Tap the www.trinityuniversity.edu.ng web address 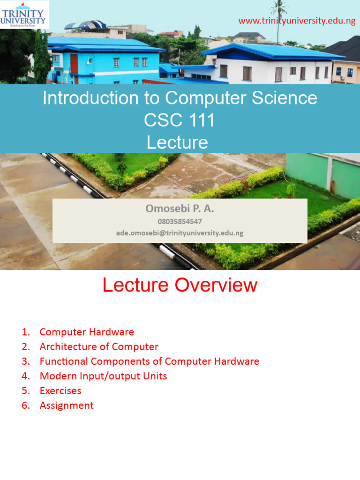coord(297,21)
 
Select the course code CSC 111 coord(180,120)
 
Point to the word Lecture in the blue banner coord(177,142)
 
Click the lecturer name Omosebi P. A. coord(180,209)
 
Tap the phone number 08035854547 coord(180,221)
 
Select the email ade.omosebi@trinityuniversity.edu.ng coord(180,232)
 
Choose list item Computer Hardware coord(87,332)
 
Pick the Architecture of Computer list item coord(99,347)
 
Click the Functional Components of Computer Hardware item coord(149,361)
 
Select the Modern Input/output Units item coord(103,376)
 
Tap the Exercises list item coord(60,390)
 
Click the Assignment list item coord(67,405)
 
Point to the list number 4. coord(25,376)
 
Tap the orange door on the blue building coord(74,64)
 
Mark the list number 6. coord(25,405)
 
